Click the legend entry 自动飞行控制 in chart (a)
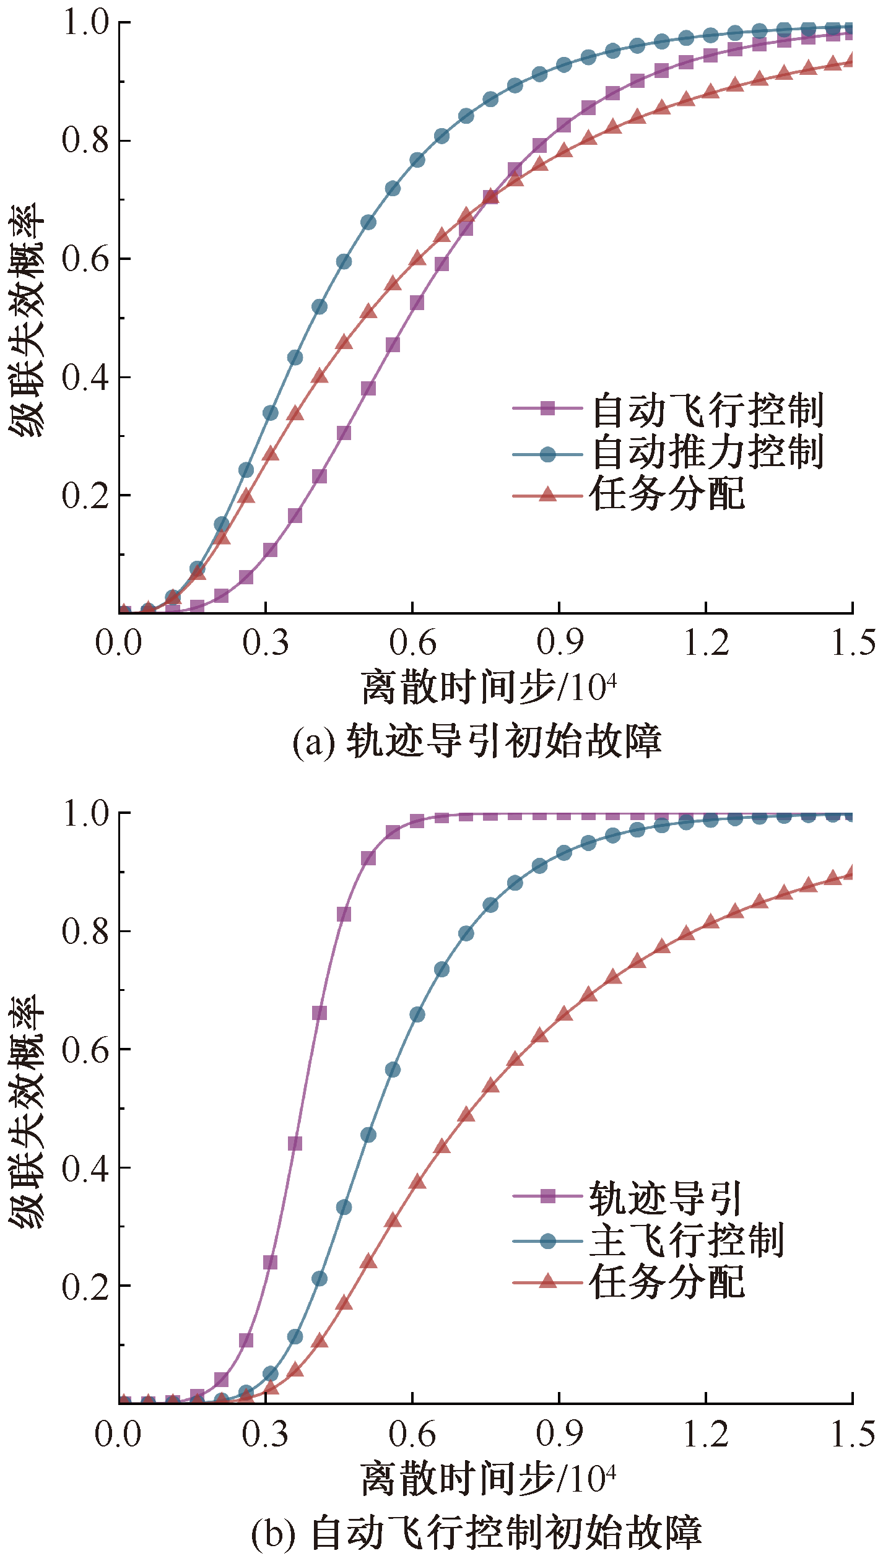point(707,410)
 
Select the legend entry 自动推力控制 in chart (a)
point(707,452)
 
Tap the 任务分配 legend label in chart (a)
point(668,494)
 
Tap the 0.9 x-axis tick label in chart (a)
point(559,642)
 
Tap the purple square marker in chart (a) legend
point(547,409)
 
